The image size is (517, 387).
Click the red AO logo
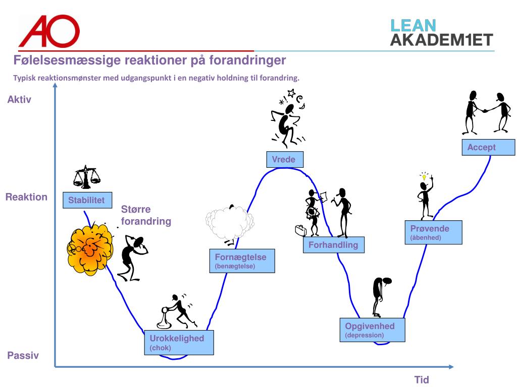(x=49, y=31)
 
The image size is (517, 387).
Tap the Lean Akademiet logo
(x=441, y=32)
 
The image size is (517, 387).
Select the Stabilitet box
(x=87, y=200)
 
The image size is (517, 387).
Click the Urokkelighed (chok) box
(x=179, y=342)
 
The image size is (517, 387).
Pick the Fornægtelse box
(x=242, y=261)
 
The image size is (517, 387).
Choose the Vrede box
(x=284, y=160)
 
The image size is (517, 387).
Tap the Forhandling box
(x=333, y=245)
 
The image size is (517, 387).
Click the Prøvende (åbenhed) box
(x=433, y=232)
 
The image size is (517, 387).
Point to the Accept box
(x=481, y=148)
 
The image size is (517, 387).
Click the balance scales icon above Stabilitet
(x=87, y=176)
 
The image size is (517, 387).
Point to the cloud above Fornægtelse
(x=229, y=222)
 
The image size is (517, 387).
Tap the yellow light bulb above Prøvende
(x=424, y=176)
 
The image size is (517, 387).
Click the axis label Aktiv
(x=19, y=100)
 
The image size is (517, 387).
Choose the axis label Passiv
(x=23, y=356)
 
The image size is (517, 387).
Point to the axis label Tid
(x=422, y=380)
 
